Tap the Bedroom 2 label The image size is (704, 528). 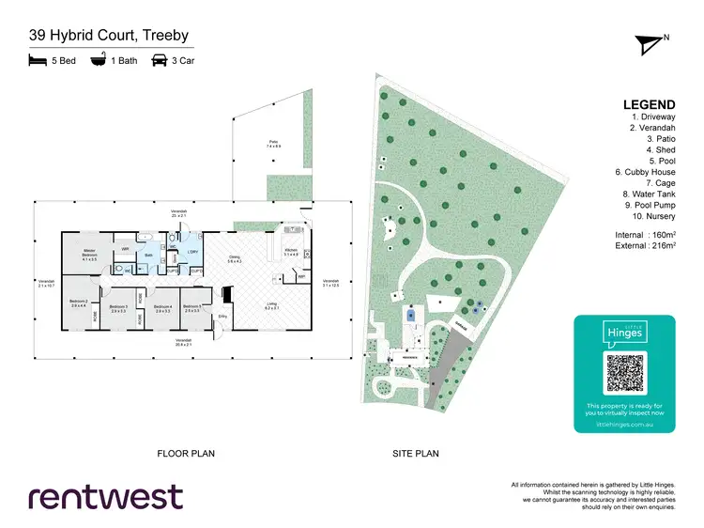[79, 303]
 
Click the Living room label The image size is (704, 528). [270, 304]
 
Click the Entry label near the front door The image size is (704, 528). [222, 317]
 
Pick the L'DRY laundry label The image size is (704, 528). [192, 252]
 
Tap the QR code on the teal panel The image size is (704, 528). [624, 373]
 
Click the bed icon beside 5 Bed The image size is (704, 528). [38, 61]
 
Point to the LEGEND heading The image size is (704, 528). [649, 104]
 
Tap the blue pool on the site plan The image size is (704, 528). [411, 316]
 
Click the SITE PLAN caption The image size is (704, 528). [416, 454]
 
